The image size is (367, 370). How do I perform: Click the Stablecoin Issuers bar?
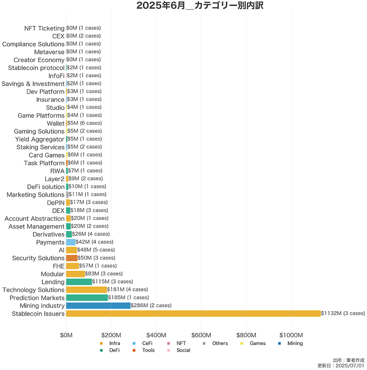[193, 314]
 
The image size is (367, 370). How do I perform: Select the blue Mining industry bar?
[98, 305]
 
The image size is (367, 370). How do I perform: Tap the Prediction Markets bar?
[87, 298]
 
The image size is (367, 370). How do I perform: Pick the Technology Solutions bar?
[86, 290]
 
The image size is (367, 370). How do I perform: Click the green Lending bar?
[79, 282]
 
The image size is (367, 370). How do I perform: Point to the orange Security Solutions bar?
[72, 258]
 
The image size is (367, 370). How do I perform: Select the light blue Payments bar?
[71, 242]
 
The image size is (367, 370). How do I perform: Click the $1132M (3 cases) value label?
[342, 313]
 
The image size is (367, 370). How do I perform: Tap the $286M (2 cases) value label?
[151, 305]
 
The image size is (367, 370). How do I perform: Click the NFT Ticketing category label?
[44, 28]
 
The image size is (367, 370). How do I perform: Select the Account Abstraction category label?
[34, 219]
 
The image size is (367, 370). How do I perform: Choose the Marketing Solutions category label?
[36, 195]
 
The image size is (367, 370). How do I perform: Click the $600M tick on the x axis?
[201, 335]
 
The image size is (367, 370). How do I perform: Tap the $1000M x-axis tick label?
[291, 335]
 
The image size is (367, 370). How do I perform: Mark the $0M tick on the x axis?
[66, 335]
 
